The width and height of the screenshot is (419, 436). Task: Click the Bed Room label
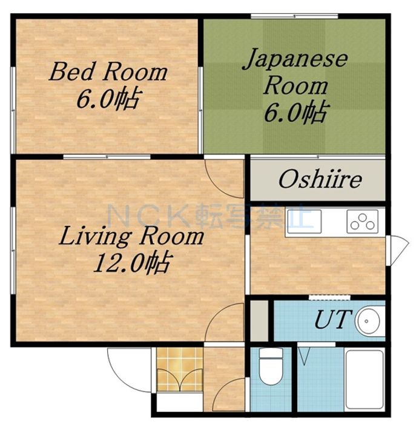[x=108, y=71]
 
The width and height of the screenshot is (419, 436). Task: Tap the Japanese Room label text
[x=295, y=72]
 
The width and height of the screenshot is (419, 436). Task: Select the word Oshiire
[x=320, y=179]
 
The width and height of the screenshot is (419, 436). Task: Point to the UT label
[x=331, y=319]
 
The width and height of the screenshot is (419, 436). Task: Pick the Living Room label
[x=131, y=236]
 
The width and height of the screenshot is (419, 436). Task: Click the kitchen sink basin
[x=305, y=222]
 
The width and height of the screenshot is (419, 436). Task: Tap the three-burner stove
[x=363, y=222]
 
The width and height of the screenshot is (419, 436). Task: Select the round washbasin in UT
[x=369, y=321]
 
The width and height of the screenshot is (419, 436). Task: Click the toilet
[x=271, y=366]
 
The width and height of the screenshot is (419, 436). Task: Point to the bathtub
[x=365, y=379]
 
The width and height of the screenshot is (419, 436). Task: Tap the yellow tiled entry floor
[x=180, y=369]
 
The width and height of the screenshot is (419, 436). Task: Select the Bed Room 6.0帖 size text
[x=108, y=99]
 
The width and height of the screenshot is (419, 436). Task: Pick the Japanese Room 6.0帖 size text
[x=296, y=113]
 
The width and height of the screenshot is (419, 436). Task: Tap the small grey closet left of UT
[x=259, y=320]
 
